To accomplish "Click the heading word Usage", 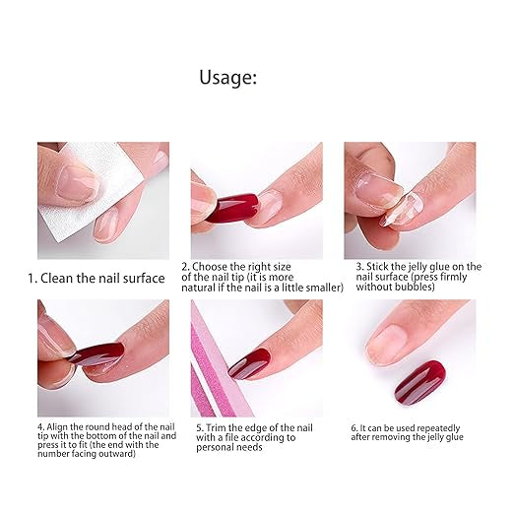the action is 227,78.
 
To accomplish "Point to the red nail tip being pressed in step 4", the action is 98,355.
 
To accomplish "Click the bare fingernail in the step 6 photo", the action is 389,344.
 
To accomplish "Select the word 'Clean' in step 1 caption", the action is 57,279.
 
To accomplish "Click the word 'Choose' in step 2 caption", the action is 210,266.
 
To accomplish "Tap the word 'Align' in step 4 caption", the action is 56,427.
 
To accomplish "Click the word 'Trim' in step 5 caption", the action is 216,428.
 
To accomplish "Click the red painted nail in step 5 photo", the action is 249,363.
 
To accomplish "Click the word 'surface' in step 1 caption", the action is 144,279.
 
